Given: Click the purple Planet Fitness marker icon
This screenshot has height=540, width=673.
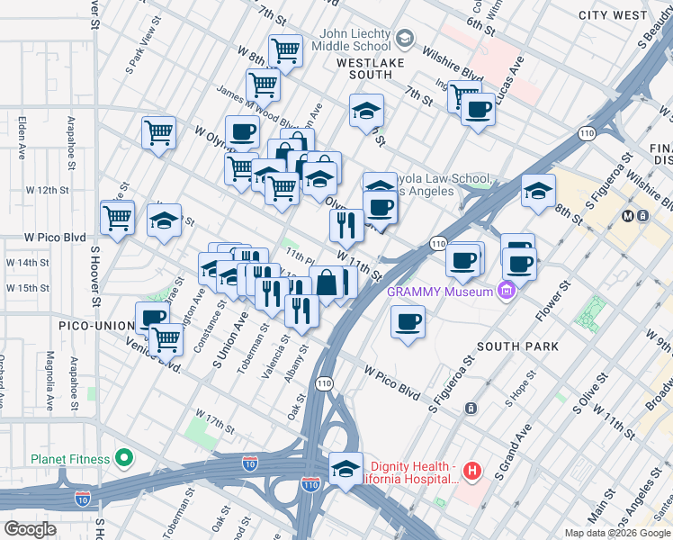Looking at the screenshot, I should pos(123,459).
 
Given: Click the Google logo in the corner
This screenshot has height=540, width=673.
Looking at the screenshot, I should pos(31,529).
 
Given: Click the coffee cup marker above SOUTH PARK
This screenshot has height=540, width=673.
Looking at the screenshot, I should pos(408,322).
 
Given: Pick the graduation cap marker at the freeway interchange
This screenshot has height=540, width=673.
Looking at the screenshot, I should pos(346,469).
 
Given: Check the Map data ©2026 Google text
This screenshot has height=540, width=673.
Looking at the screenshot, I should pos(616,533).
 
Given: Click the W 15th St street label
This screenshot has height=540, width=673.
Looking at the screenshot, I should pos(27,288).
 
